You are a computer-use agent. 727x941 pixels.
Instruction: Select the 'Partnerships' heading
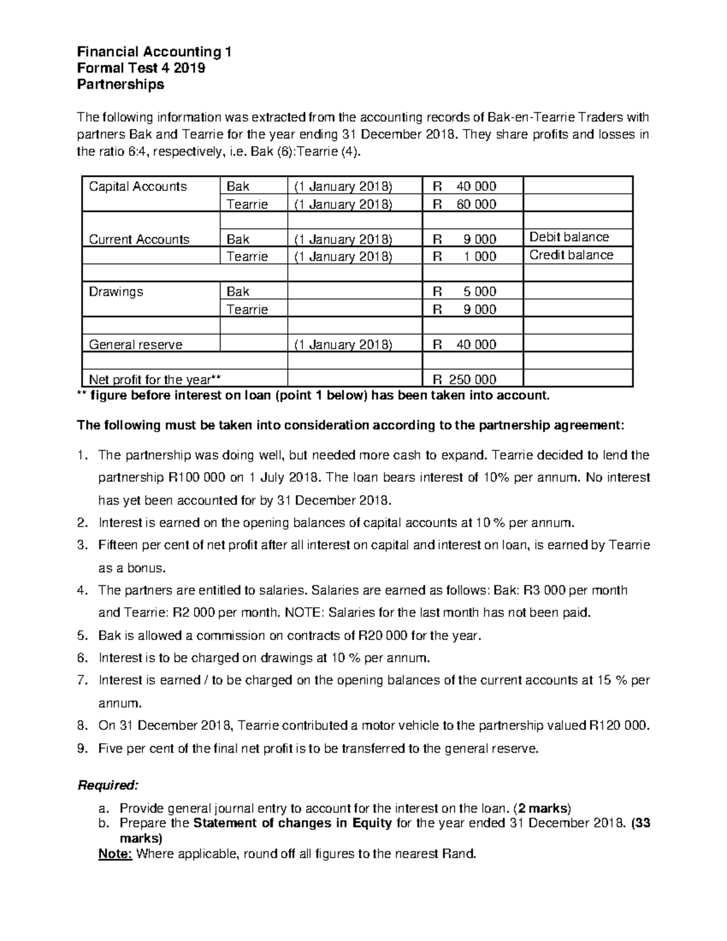pyautogui.click(x=120, y=84)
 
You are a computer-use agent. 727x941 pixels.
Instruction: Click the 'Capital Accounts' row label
pyautogui.click(x=138, y=186)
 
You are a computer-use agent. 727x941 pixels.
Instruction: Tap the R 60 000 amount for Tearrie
pyautogui.click(x=465, y=204)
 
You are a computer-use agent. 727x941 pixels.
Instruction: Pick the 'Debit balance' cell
pyautogui.click(x=569, y=237)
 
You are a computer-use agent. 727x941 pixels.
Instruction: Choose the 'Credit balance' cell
pyautogui.click(x=571, y=255)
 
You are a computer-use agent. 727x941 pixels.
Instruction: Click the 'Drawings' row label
pyautogui.click(x=116, y=291)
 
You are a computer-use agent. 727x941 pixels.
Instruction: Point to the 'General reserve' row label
pyautogui.click(x=135, y=344)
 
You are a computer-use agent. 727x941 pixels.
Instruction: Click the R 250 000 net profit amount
pyautogui.click(x=465, y=380)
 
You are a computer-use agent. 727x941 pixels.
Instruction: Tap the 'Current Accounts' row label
pyautogui.click(x=139, y=239)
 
